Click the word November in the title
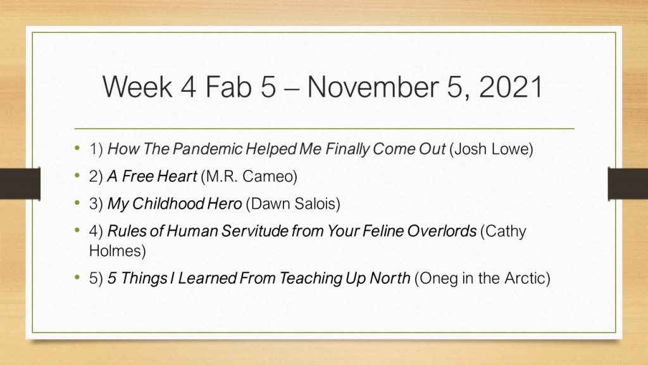373,87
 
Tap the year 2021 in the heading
511,87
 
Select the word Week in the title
137,87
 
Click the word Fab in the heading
228,87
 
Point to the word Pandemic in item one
208,149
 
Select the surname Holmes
117,251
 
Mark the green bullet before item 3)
77,203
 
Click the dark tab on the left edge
20,183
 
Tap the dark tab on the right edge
628,183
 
